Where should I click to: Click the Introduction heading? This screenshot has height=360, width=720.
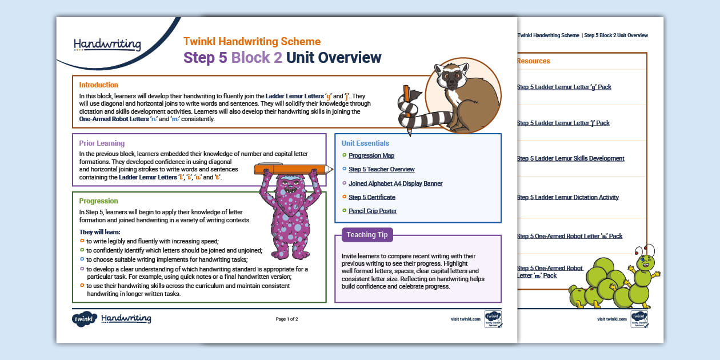click(99, 85)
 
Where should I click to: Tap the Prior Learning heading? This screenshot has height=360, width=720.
click(102, 143)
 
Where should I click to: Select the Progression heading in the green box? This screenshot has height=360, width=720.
click(98, 201)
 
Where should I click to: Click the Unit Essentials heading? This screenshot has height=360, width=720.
click(365, 143)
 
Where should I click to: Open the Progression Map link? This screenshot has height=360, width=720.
click(371, 155)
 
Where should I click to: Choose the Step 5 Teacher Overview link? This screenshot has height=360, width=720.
click(381, 169)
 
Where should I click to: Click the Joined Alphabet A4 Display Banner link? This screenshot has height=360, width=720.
click(395, 183)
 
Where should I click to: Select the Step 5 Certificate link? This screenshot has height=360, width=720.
click(371, 197)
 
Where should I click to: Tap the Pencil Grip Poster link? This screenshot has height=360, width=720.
click(373, 211)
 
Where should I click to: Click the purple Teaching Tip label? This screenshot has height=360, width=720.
click(367, 235)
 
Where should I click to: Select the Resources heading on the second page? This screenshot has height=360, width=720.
click(533, 61)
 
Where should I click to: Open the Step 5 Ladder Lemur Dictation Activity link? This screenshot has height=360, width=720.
click(567, 197)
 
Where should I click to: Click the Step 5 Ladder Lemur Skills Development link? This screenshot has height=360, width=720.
click(570, 158)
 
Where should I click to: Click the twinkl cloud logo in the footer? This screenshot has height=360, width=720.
click(84, 319)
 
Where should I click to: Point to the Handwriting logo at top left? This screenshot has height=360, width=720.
click(107, 44)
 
